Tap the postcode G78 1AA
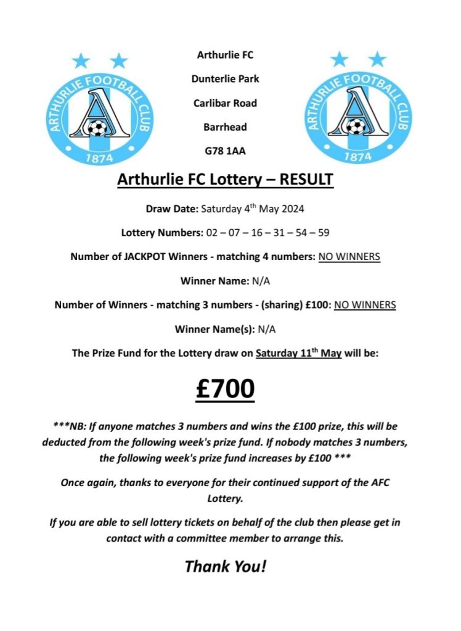pyautogui.click(x=226, y=151)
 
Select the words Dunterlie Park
pyautogui.click(x=226, y=79)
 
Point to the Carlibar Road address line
pyautogui.click(x=226, y=103)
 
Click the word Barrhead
pyautogui.click(x=226, y=127)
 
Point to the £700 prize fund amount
pyautogui.click(x=226, y=389)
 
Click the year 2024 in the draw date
pyautogui.click(x=291, y=209)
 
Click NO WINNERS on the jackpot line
pyautogui.click(x=349, y=256)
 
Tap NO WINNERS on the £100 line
pyautogui.click(x=364, y=304)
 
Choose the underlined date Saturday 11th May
pyautogui.click(x=298, y=353)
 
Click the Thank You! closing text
pyautogui.click(x=226, y=565)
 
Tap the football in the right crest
pyautogui.click(x=356, y=127)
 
